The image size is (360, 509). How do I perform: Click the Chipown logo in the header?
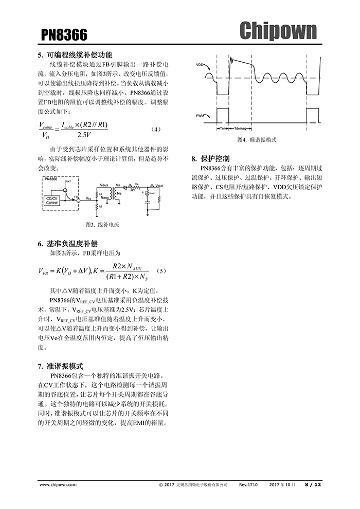tap(278, 31)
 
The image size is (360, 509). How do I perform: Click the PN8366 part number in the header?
tap(64, 35)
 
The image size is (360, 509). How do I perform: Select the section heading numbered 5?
tap(75, 55)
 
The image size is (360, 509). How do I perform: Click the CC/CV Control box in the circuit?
tap(52, 200)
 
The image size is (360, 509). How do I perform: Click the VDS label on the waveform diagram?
tap(200, 65)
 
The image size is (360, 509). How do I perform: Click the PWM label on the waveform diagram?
tap(201, 116)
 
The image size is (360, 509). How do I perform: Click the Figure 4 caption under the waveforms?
tap(257, 140)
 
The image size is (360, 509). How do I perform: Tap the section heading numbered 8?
tap(210, 158)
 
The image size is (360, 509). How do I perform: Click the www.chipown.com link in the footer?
tap(58, 484)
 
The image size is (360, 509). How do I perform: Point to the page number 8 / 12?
tap(313, 484)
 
